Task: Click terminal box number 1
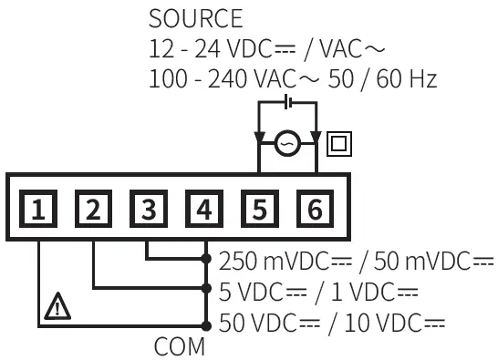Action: (x=38, y=211)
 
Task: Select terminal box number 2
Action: (x=93, y=211)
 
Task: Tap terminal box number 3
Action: (x=148, y=211)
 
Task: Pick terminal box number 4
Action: (x=203, y=211)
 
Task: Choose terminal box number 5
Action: (x=259, y=211)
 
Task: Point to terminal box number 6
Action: (x=314, y=211)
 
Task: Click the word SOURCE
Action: (x=195, y=18)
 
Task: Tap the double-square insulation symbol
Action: (x=339, y=143)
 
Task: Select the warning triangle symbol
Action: (x=58, y=309)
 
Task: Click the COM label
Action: (x=179, y=347)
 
